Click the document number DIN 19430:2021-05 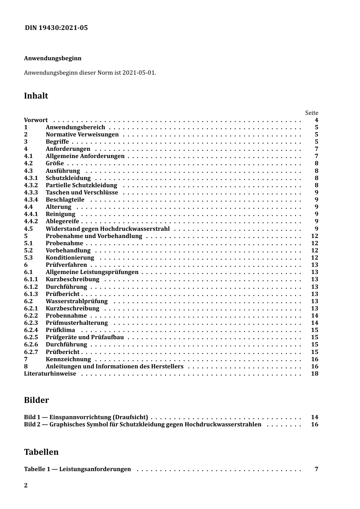pyautogui.click(x=56, y=28)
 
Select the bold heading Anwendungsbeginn pyautogui.click(x=53, y=58)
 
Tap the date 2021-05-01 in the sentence pyautogui.click(x=139, y=72)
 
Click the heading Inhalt pyautogui.click(x=36, y=96)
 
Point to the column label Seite pyautogui.click(x=311, y=113)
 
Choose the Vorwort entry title pyautogui.click(x=36, y=120)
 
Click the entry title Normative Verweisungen pyautogui.click(x=82, y=135)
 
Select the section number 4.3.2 pyautogui.click(x=31, y=185)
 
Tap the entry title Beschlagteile pyautogui.click(x=65, y=200)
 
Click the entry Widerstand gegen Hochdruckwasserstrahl pyautogui.click(x=108, y=229)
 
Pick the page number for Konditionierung pyautogui.click(x=315, y=258)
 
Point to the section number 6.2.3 pyautogui.click(x=31, y=323)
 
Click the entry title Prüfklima pyautogui.click(x=60, y=330)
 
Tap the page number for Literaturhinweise pyautogui.click(x=315, y=374)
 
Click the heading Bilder pyautogui.click(x=36, y=400)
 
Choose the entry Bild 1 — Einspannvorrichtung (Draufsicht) pyautogui.click(x=86, y=417)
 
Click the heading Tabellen pyautogui.click(x=41, y=452)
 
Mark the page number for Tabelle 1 pyautogui.click(x=316, y=469)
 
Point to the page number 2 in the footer pyautogui.click(x=26, y=486)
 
